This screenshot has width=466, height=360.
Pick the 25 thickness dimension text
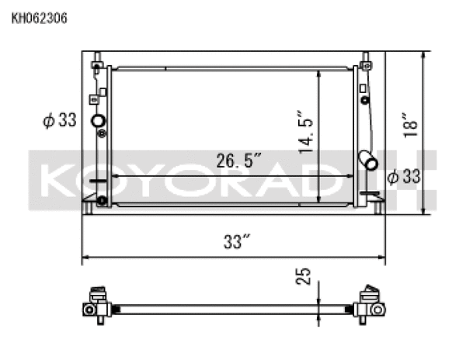tap(305, 278)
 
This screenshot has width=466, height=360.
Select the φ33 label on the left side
tap(61, 120)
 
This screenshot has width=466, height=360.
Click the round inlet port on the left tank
tap(98, 121)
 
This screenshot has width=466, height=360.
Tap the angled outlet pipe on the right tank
tap(368, 161)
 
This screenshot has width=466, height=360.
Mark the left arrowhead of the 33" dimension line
tap(86, 258)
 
